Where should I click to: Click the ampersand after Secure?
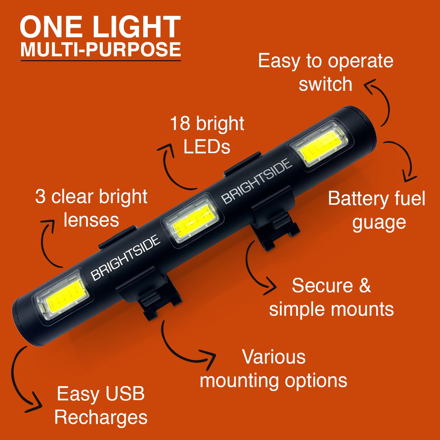tap(365, 285)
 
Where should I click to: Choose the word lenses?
tap(91, 220)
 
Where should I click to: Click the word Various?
tap(274, 357)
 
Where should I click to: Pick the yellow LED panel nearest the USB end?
tap(64, 295)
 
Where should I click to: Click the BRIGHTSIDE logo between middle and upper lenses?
tap(257, 181)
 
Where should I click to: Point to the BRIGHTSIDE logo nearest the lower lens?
tap(126, 257)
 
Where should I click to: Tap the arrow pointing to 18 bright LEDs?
tap(167, 170)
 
